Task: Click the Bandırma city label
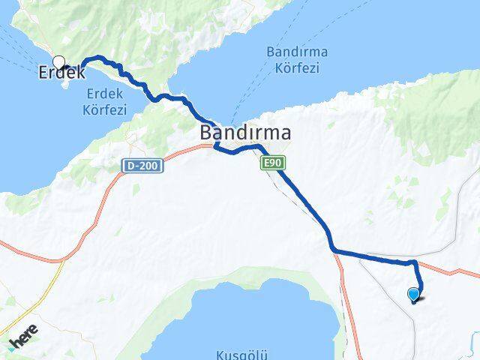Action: click(245, 133)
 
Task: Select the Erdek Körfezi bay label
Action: click(105, 101)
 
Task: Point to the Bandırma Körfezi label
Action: click(292, 60)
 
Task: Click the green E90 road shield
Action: click(271, 162)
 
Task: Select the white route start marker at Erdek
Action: click(58, 63)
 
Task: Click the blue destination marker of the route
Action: click(413, 294)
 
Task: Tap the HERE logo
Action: click(22, 340)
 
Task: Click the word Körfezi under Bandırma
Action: click(292, 68)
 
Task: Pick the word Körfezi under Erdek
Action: click(105, 109)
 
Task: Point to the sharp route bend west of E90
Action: click(217, 148)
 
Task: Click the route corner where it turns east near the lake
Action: click(332, 249)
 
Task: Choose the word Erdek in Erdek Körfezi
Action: click(105, 93)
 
